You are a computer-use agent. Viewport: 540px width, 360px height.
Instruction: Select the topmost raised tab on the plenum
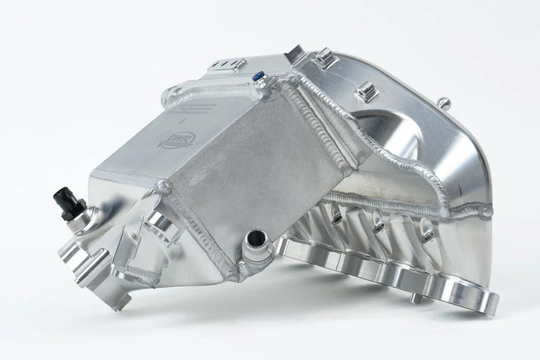(326, 58)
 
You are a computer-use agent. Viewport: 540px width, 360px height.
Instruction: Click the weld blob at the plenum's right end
(485, 213)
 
